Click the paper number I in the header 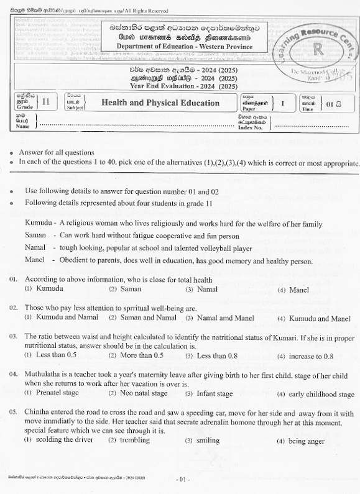(x=282, y=103)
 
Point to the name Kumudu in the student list (x=38, y=222)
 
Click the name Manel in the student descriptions (x=35, y=260)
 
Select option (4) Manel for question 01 (x=295, y=290)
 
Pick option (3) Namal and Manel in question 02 (x=216, y=318)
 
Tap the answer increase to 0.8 (x=305, y=356)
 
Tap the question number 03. (x=13, y=336)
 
